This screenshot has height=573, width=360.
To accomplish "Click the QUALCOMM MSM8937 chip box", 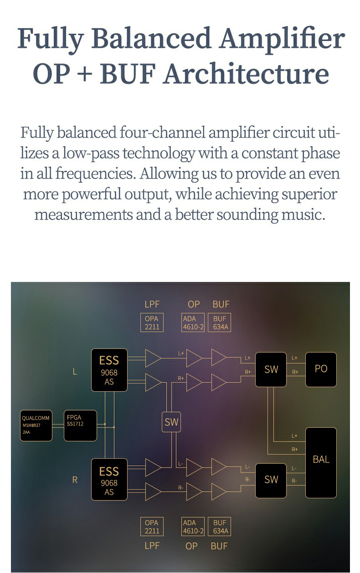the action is tap(36, 425).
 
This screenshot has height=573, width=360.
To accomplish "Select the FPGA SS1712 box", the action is tap(80, 425).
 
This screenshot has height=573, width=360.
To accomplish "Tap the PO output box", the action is tap(321, 369).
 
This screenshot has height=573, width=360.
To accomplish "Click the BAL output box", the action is tap(321, 462).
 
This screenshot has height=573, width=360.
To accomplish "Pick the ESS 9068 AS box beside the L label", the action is tap(109, 370).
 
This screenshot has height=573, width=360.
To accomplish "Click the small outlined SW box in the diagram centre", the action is tap(171, 422).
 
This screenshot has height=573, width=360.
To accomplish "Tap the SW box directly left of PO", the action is tap(271, 369).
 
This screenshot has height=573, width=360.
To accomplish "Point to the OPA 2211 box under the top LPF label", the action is tap(152, 322).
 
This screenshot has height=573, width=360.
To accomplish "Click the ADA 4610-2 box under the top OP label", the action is tap(193, 322).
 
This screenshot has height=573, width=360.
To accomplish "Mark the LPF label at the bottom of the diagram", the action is tap(152, 545).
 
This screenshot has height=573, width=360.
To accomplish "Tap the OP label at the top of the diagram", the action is tap(194, 304).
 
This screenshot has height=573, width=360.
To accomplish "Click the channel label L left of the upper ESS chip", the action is tap(75, 372).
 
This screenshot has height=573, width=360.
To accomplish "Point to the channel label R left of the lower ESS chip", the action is tap(75, 480).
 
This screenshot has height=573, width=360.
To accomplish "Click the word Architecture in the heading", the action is tap(246, 74).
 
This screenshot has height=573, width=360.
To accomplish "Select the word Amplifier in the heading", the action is tap(282, 39).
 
